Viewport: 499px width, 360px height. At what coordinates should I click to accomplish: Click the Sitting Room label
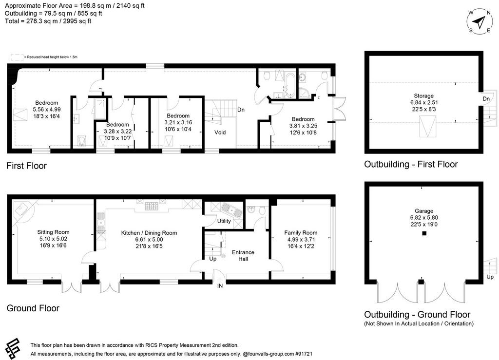(53, 232)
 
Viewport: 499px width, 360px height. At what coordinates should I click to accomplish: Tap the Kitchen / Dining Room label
(149, 233)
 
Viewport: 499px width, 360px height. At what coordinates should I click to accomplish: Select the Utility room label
(224, 221)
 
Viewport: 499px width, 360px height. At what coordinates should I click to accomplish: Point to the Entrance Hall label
(243, 256)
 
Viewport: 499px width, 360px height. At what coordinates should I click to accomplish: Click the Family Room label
(301, 232)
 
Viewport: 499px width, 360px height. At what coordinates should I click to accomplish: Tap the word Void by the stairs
(220, 133)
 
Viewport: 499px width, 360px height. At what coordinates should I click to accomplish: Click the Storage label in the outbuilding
(423, 96)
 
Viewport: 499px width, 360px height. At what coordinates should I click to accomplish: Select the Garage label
(424, 211)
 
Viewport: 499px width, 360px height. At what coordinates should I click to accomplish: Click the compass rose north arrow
(479, 22)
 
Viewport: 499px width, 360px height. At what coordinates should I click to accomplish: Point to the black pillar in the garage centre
(424, 233)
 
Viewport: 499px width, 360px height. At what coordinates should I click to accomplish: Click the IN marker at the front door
(220, 286)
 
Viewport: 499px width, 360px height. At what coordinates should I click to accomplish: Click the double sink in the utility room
(232, 209)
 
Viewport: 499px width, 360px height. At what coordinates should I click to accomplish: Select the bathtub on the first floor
(290, 85)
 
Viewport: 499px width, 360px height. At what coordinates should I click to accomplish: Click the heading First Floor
(26, 166)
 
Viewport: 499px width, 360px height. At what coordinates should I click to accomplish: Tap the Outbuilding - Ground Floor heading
(417, 315)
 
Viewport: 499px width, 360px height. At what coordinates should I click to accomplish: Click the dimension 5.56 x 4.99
(47, 110)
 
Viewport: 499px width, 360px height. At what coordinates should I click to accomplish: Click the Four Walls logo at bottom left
(13, 348)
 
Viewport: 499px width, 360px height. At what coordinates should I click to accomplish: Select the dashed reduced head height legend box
(17, 57)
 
